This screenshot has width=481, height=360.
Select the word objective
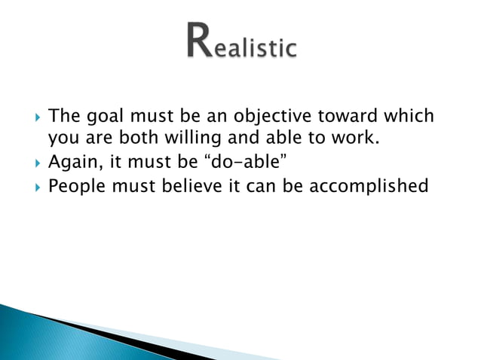276,117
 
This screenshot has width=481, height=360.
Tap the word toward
354,117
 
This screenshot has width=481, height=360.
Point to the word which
409,117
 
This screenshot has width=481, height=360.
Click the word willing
185,139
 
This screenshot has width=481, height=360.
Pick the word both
133,139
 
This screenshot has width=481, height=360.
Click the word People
78,185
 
